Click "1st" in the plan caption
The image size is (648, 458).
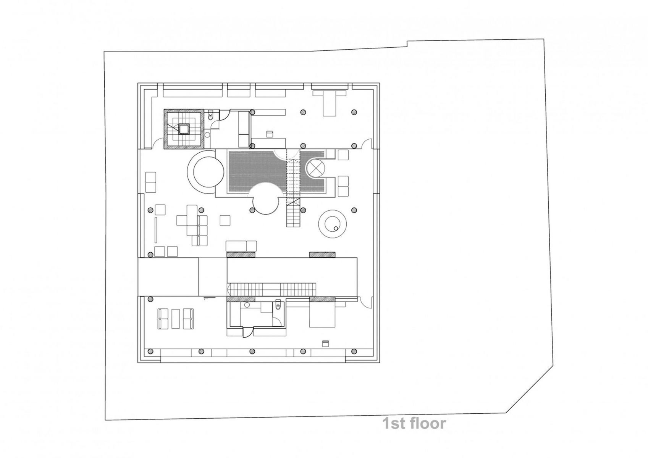[393, 424]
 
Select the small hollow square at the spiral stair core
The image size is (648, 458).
[184, 129]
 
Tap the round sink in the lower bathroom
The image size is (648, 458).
[247, 305]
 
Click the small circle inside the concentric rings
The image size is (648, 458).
[336, 228]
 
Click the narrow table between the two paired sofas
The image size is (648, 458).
[175, 319]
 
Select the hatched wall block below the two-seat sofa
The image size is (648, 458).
[241, 255]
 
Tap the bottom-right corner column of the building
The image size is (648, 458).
[354, 351]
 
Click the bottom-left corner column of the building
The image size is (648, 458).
[150, 351]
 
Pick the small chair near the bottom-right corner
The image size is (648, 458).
[325, 343]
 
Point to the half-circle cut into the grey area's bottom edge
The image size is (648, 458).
[266, 193]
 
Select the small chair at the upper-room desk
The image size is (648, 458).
[270, 133]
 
